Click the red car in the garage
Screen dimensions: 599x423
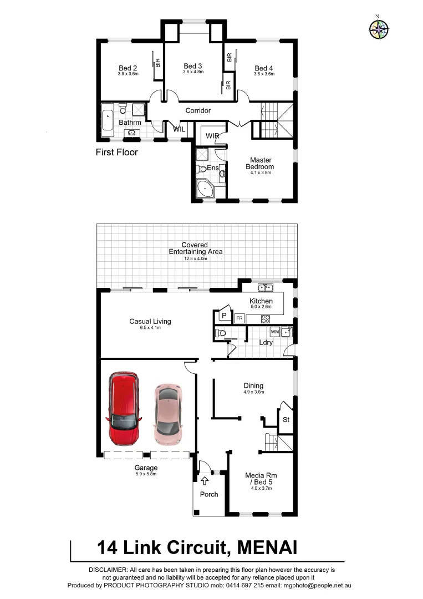tap(124, 408)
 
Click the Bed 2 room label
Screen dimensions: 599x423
tap(128, 67)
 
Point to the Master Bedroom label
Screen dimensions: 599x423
tap(261, 164)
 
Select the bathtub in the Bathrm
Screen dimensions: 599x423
tap(108, 120)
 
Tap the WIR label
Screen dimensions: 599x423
tap(212, 136)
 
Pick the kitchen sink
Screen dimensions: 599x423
tap(265, 287)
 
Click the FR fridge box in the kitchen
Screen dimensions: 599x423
tap(239, 318)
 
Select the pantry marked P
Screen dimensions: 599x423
tap(225, 315)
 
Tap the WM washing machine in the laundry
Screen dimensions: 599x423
tap(274, 332)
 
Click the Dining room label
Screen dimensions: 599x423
tap(253, 385)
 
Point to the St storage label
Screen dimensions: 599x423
tap(286, 420)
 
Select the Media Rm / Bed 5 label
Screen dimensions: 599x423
tap(261, 479)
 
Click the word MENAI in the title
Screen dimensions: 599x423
tap(267, 547)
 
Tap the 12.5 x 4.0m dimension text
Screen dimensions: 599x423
tap(196, 258)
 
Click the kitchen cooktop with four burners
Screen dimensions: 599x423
tap(265, 318)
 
